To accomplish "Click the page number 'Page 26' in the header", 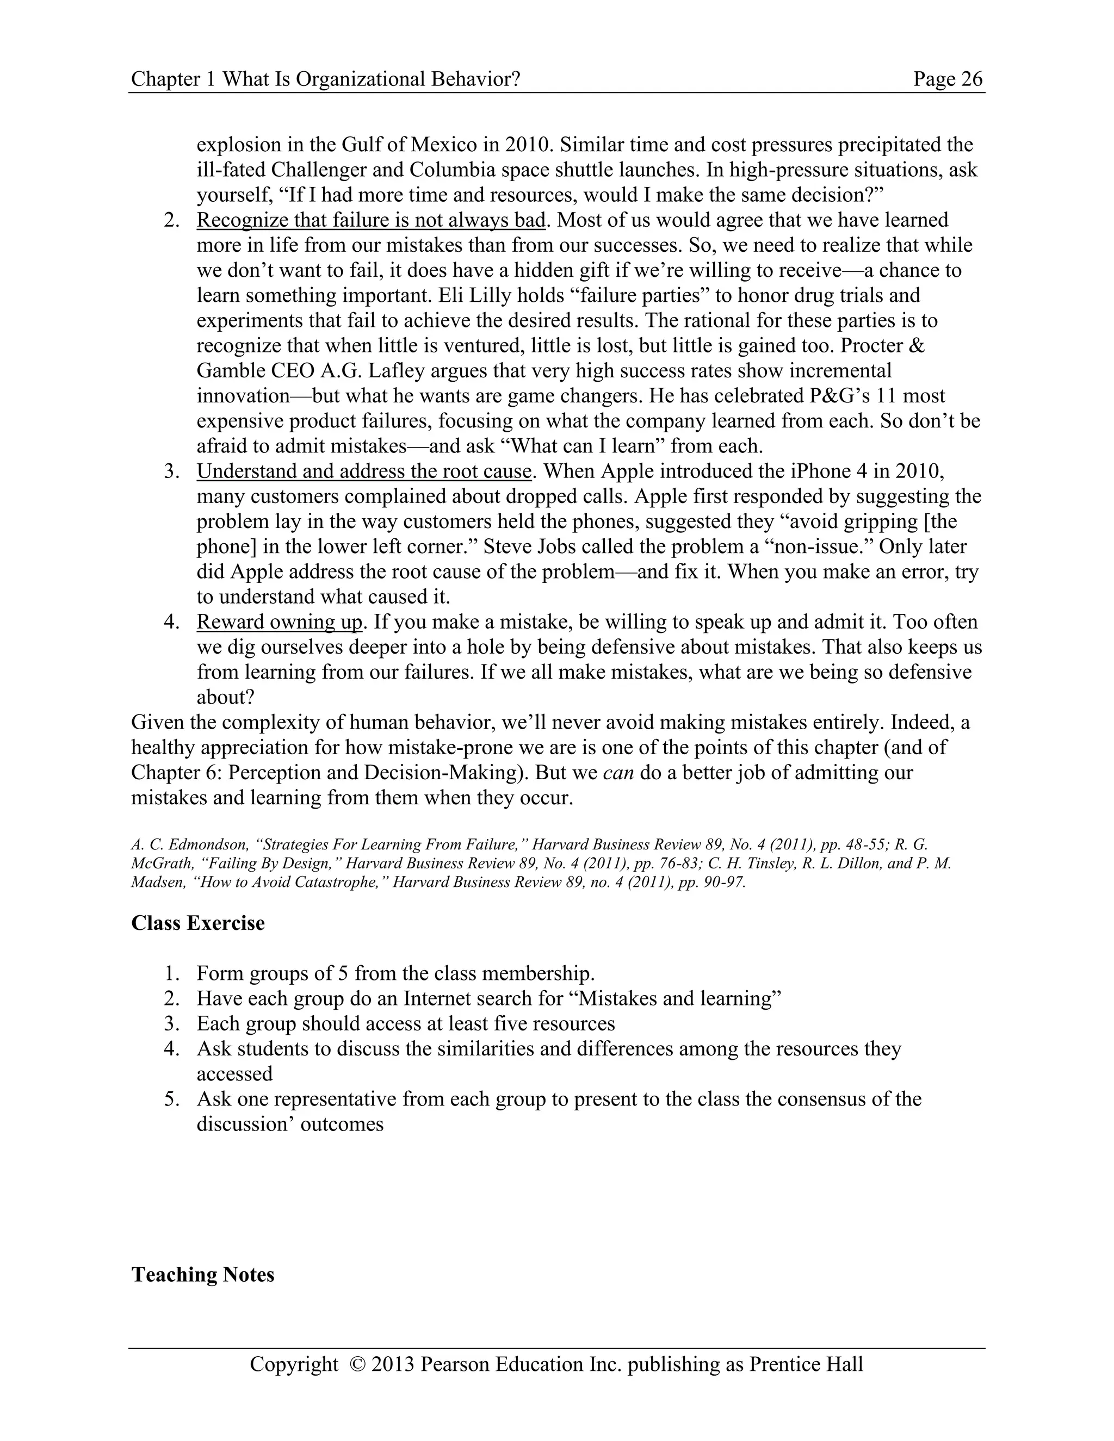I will coord(948,79).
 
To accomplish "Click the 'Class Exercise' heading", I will coord(198,922).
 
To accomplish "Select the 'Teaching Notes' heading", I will coord(202,1274).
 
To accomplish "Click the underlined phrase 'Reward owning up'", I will coord(280,622).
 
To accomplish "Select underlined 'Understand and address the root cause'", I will coord(364,471).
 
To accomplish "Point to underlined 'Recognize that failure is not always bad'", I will coord(371,220).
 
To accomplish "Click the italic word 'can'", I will coord(618,772).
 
